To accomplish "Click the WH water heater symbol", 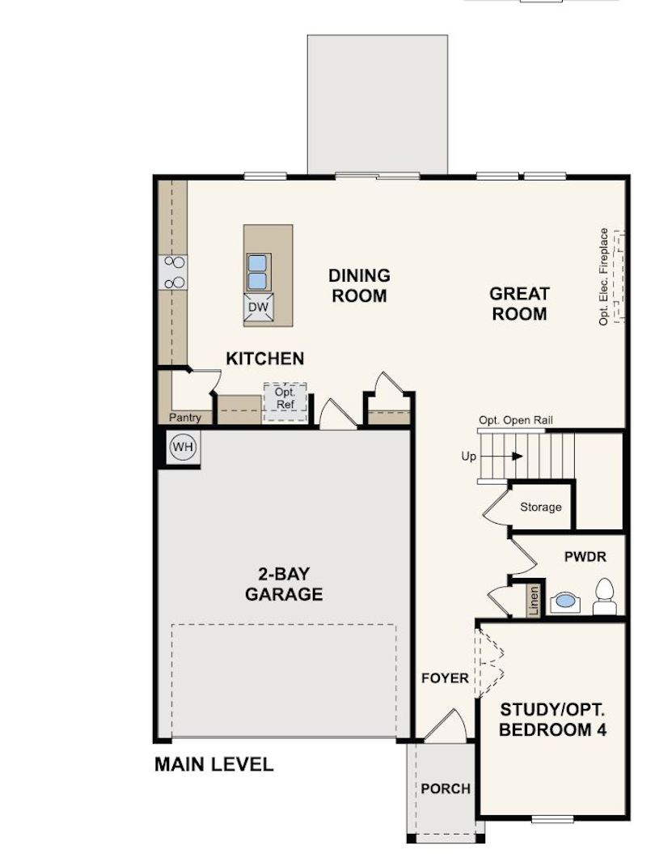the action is coord(183,447).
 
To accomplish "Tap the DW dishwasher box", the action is coord(259,307).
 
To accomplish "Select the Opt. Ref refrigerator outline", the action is coord(285,402).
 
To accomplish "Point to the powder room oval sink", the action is coord(565,601).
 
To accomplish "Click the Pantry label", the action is coord(184,418).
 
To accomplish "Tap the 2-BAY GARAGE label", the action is coord(284,584).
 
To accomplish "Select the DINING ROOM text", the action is coord(359,286).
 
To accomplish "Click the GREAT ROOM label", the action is coord(519,304).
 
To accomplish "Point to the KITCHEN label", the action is coord(265,359).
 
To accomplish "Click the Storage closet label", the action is coord(540,507).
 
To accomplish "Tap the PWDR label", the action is coord(585,557).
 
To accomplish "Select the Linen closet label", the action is coord(534,601).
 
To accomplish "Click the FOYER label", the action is coord(445,678).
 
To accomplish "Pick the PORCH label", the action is coord(445,788).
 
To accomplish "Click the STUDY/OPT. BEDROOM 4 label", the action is coord(552,720).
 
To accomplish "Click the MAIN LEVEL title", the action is coord(213,764).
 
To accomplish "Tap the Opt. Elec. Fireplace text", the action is coord(603,277).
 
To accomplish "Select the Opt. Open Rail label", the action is coord(516,420).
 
